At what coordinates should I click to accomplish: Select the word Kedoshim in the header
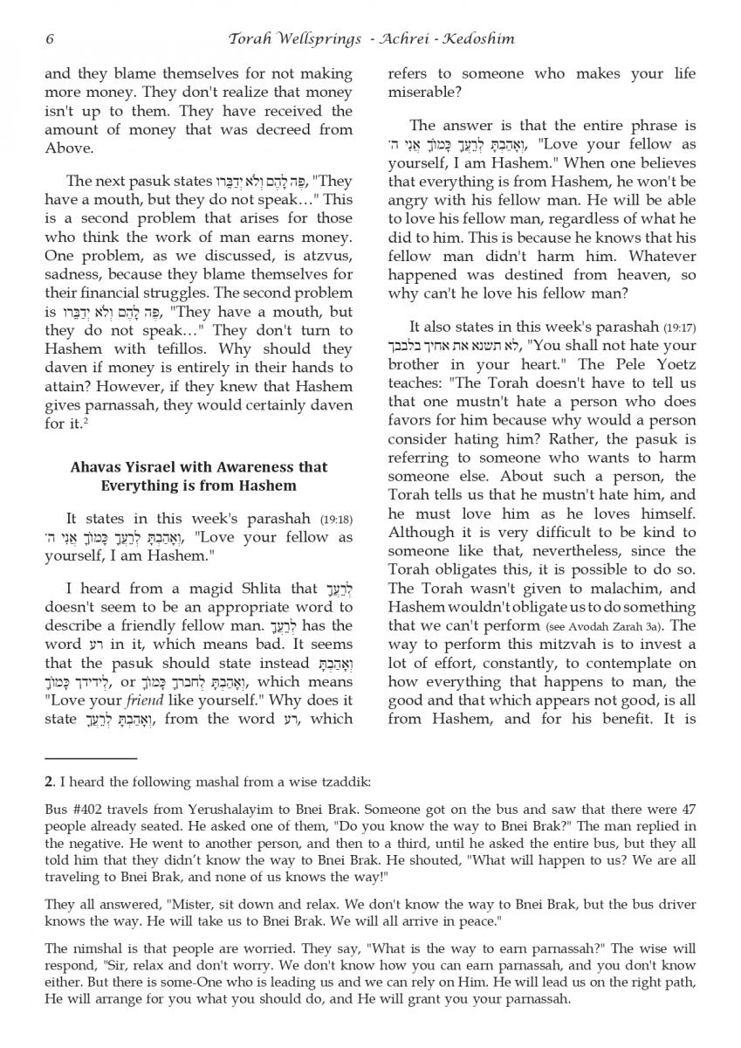click(x=479, y=38)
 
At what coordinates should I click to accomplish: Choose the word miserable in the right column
click(x=422, y=93)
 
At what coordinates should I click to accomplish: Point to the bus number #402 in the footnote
click(x=85, y=810)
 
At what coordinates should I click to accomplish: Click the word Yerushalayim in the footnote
click(x=196, y=810)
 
